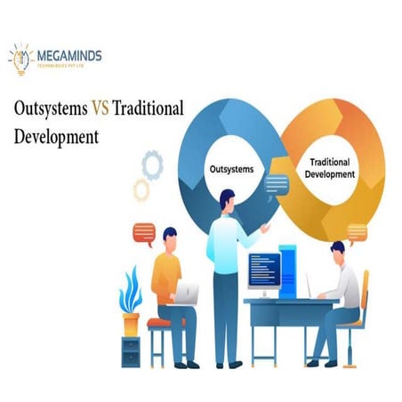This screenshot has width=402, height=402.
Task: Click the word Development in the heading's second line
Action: [56, 138]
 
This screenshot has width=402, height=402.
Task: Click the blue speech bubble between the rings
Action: [277, 184]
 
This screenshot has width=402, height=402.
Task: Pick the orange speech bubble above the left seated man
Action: [143, 233]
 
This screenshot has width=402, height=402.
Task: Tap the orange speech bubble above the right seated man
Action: [357, 232]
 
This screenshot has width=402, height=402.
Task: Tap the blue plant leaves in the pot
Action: [130, 289]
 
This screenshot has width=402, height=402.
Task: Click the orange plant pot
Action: [132, 322]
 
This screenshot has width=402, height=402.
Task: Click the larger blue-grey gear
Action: [151, 165]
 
